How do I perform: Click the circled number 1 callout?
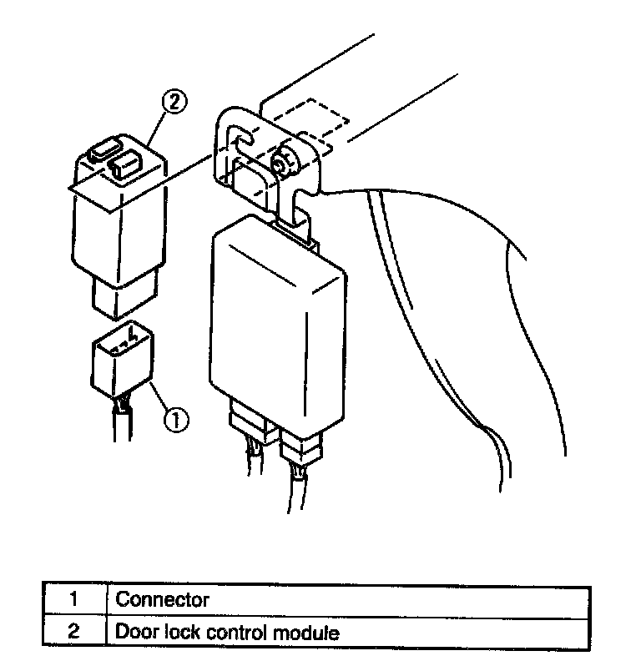tap(176, 419)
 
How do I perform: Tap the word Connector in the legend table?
tap(162, 599)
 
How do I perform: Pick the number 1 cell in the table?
tap(73, 599)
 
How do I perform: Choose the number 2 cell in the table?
tap(73, 633)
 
